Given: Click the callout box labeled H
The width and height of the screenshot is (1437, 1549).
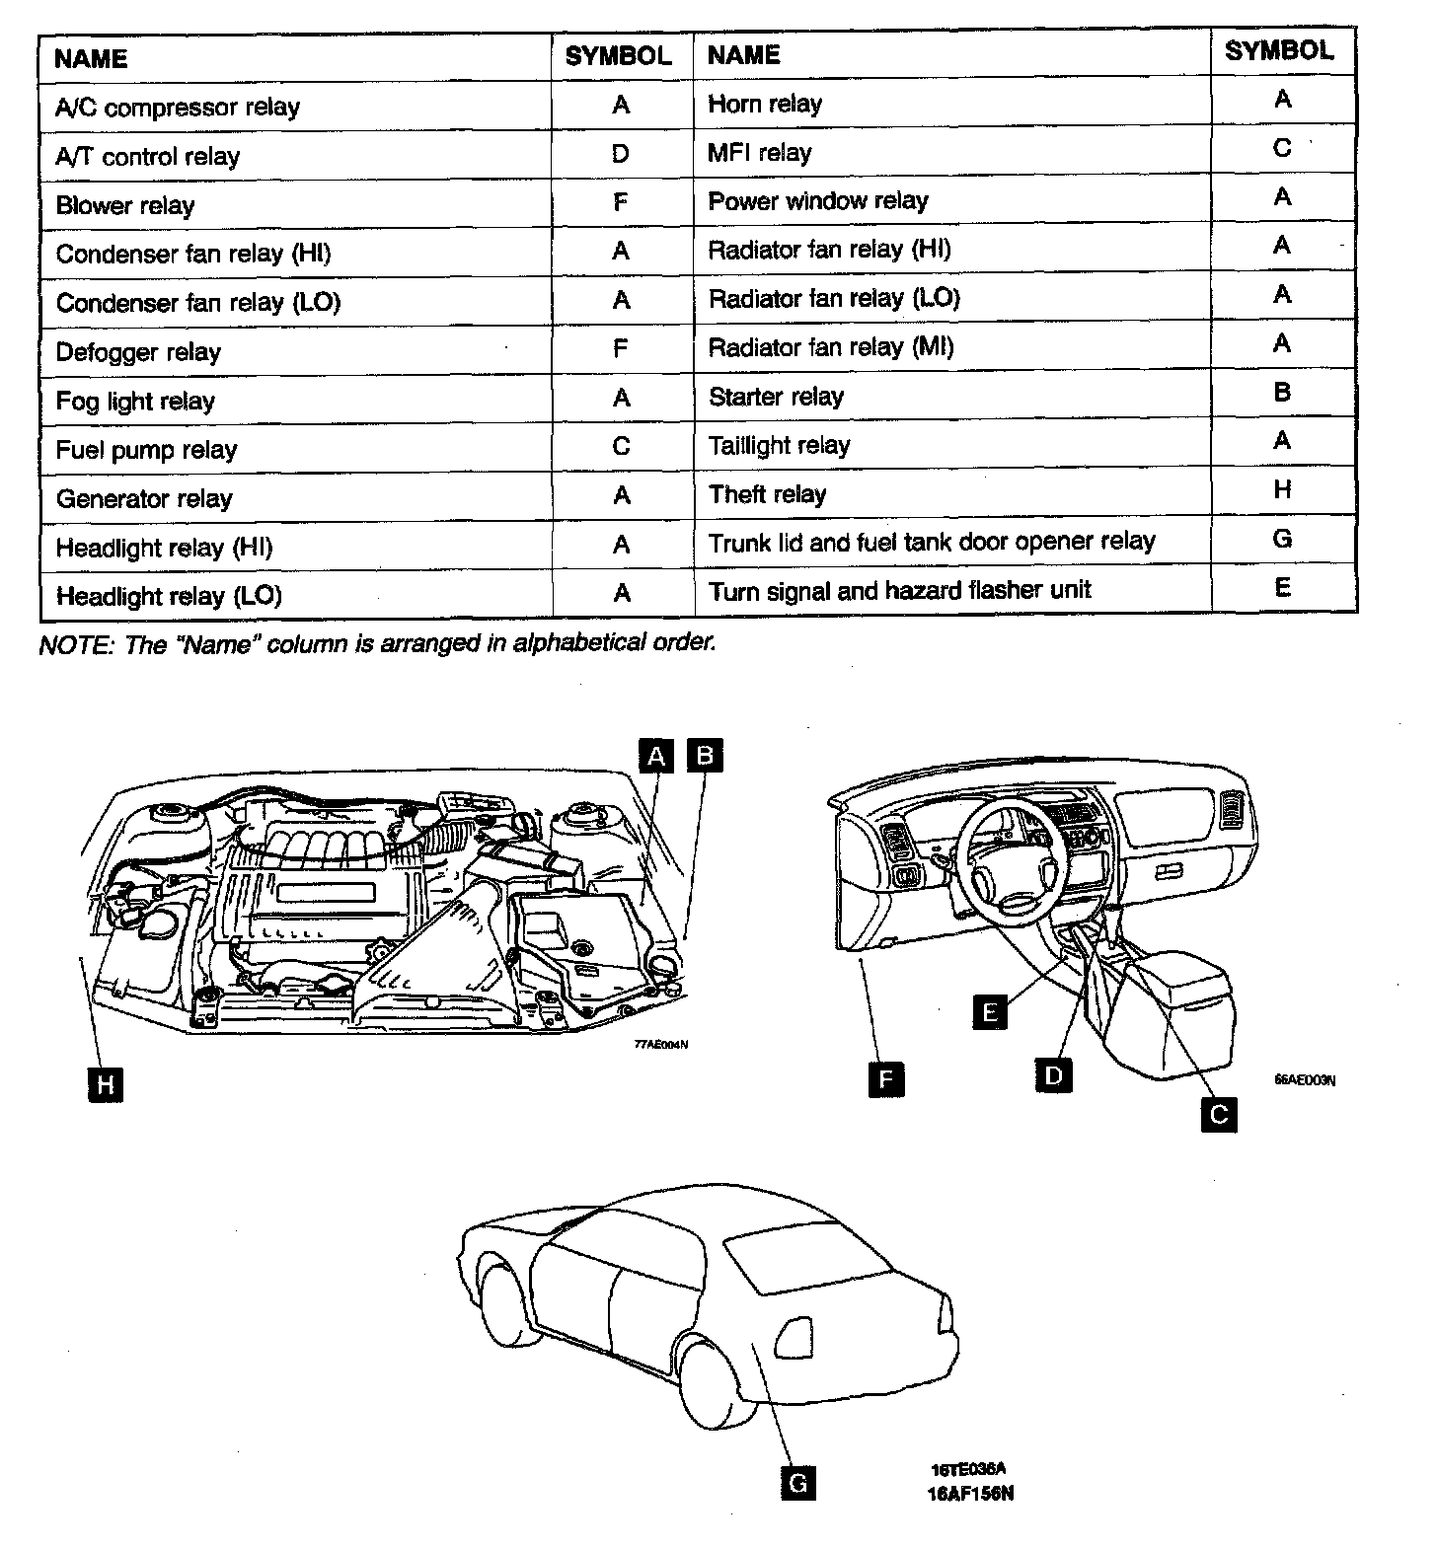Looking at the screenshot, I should click(x=105, y=1085).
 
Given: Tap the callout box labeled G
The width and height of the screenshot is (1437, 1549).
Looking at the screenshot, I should click(x=797, y=1482).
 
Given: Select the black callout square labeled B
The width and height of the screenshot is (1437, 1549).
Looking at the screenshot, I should click(x=705, y=756).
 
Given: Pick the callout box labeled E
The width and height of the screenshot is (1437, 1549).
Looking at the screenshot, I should click(x=989, y=1011).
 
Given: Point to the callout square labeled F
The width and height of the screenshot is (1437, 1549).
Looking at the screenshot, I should click(x=885, y=1079).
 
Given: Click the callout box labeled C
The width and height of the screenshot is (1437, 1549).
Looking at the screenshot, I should click(x=1219, y=1115).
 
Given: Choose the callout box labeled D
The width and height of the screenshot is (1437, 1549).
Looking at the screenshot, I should click(x=1053, y=1073).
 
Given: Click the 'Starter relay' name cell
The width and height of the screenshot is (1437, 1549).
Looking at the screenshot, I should click(x=776, y=397).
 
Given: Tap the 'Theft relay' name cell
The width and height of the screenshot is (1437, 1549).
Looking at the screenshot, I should click(x=767, y=494).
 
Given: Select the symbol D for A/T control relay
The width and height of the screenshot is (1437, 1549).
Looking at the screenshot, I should click(x=620, y=154).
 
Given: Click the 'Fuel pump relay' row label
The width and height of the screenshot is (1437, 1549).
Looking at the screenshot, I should click(x=146, y=450).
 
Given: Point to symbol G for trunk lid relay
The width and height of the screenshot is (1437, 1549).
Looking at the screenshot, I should click(x=1282, y=539).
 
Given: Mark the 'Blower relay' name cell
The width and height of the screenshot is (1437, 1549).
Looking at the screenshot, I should click(x=125, y=205).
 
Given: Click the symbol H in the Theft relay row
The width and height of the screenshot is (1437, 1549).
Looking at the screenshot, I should click(x=1282, y=489).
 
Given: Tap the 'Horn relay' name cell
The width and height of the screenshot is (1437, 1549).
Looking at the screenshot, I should click(x=765, y=104).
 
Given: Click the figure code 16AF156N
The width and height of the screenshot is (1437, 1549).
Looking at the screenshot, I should click(x=970, y=1493).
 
